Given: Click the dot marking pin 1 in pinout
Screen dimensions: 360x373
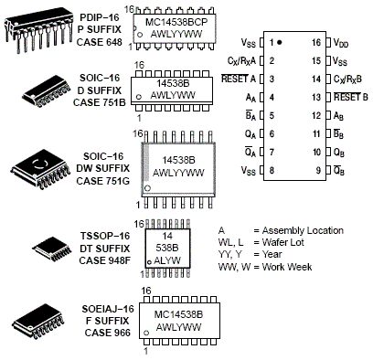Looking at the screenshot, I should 280,43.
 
